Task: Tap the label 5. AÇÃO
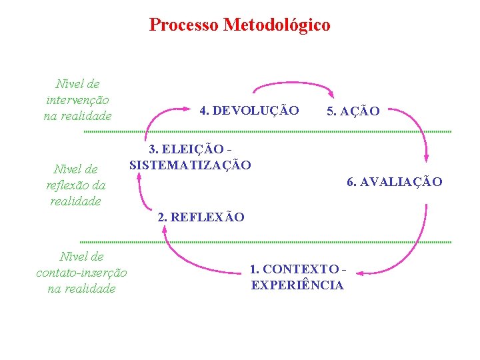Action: [x=353, y=111]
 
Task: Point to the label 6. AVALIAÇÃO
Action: [x=394, y=181]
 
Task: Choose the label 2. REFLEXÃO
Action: [x=201, y=217]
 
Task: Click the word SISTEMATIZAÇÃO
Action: [x=190, y=165]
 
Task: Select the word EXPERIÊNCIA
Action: [x=297, y=285]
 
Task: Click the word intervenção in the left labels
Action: [x=78, y=99]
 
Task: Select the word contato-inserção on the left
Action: [x=81, y=272]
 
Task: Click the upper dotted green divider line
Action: [x=267, y=131]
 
